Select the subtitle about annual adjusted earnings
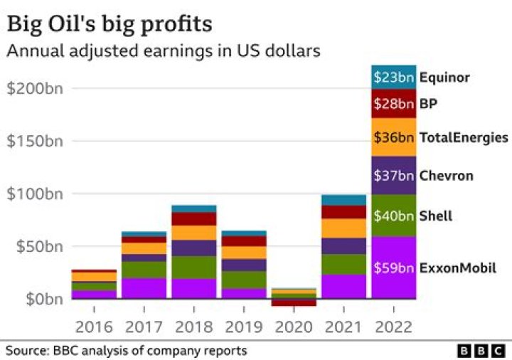[163, 51]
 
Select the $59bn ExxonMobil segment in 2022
[393, 268]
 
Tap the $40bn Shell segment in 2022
[393, 216]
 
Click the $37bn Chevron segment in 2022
[393, 175]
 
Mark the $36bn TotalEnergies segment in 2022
[393, 137]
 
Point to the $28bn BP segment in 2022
[393, 104]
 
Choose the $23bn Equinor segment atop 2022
[393, 77]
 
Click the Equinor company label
[444, 78]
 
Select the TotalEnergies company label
[464, 137]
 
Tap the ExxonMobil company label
[457, 268]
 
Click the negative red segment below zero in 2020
[293, 302]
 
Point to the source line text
[127, 351]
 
